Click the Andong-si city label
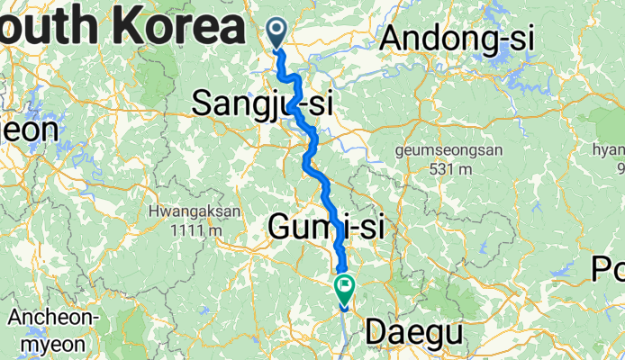(x=457, y=39)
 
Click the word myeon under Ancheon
(x=46, y=343)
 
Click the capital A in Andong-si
(x=393, y=39)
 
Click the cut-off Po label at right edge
(x=611, y=268)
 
